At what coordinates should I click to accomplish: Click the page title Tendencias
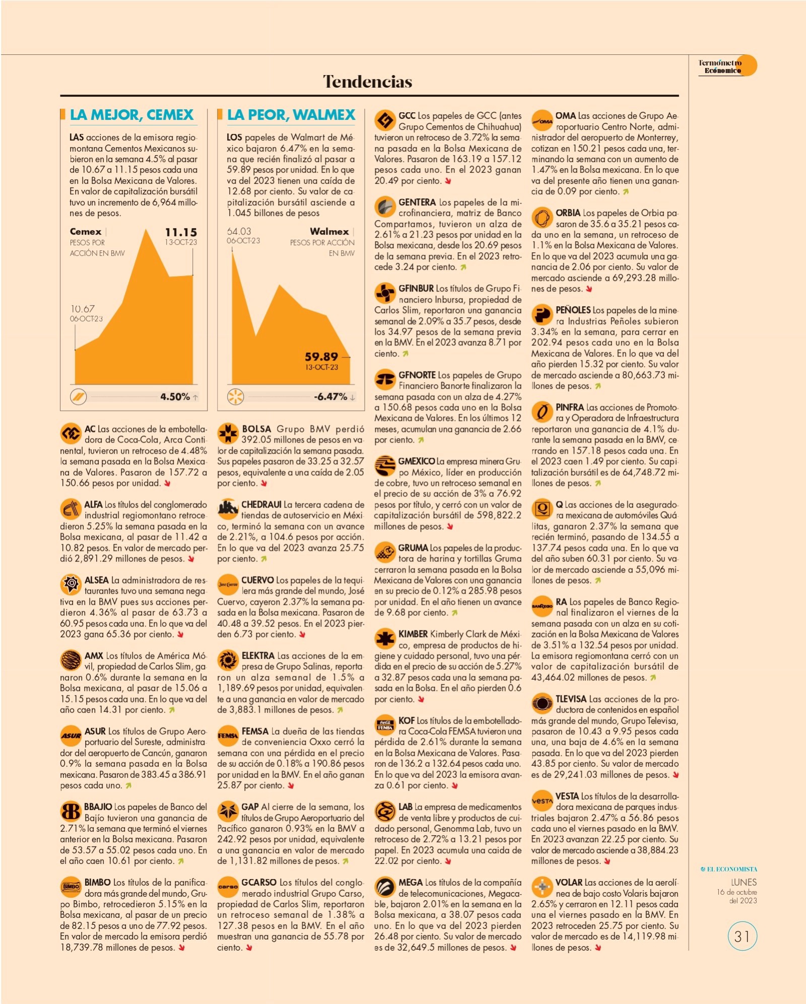tap(368, 82)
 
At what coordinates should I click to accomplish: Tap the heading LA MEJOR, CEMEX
tap(131, 115)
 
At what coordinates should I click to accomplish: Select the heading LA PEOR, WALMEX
tap(291, 115)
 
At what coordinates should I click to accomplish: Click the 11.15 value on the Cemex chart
tap(181, 232)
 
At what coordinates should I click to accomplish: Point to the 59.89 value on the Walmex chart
tap(321, 356)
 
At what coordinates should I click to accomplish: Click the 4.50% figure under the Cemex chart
tap(175, 397)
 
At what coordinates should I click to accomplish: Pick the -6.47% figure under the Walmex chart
tap(330, 397)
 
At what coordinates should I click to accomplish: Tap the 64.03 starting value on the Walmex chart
tap(239, 231)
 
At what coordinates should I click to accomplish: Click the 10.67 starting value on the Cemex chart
tap(82, 309)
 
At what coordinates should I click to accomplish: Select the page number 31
tap(742, 936)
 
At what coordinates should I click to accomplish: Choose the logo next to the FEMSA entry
tap(227, 735)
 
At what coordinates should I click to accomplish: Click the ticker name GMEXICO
tap(417, 461)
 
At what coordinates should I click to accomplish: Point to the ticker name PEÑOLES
tap(573, 310)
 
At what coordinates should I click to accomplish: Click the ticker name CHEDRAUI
tap(261, 505)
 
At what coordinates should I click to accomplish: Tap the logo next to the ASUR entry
tap(71, 735)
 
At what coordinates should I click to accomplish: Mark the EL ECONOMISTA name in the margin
tap(729, 869)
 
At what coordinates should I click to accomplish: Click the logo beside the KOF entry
tap(385, 725)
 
